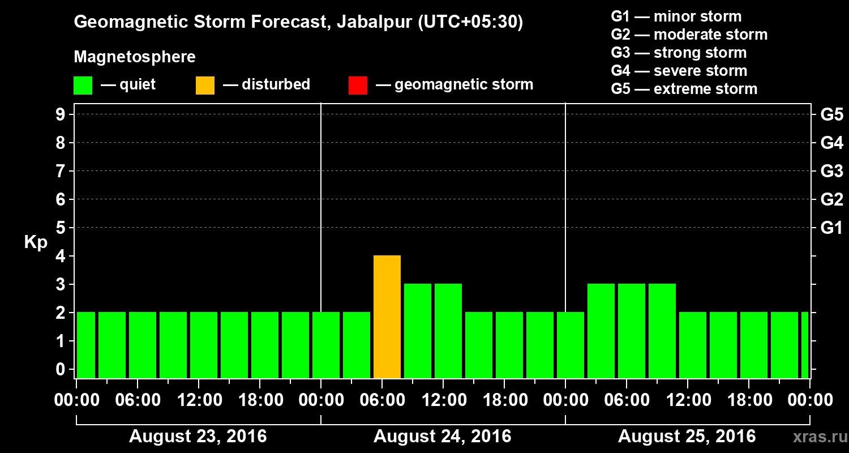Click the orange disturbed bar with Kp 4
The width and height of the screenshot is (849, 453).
tap(387, 317)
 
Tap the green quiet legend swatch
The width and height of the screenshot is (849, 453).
tap(83, 86)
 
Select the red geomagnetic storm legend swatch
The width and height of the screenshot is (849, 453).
tap(358, 86)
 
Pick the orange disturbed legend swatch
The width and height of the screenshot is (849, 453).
tap(205, 86)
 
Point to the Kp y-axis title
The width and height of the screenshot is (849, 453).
tap(36, 242)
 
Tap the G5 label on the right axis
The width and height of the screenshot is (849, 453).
tap(831, 115)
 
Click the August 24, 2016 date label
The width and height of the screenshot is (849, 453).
tap(442, 437)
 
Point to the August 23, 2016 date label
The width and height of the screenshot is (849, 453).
tap(198, 437)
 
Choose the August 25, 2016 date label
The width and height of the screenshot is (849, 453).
tap(687, 437)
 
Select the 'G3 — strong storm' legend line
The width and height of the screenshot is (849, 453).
tap(679, 53)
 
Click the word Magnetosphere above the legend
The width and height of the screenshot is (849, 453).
tap(135, 57)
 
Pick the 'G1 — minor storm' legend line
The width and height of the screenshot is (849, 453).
tap(676, 16)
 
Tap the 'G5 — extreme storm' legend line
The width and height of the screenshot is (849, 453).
tap(684, 89)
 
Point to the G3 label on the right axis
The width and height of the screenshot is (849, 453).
tap(831, 172)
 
